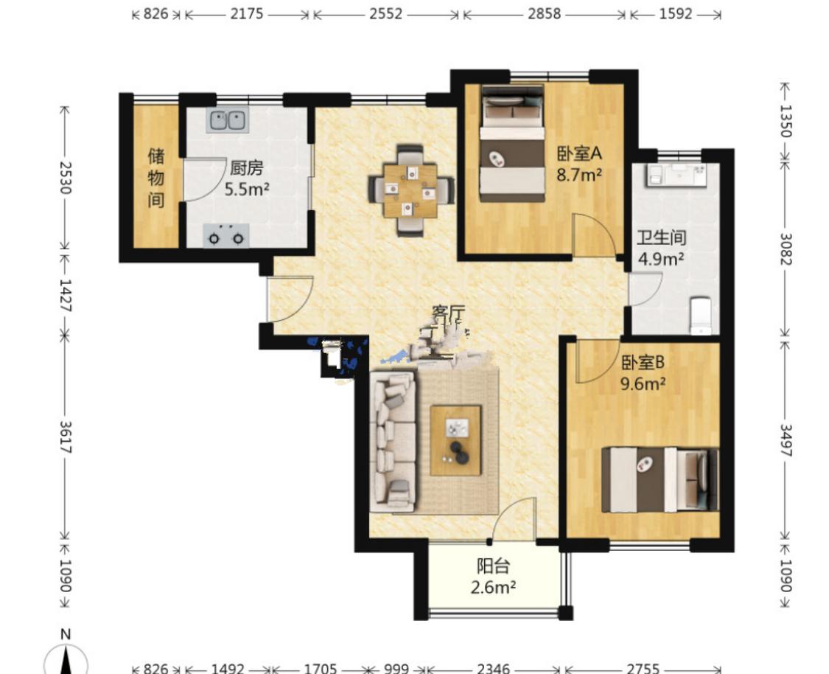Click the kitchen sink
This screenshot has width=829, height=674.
228,121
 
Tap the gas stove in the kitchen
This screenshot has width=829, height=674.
226,236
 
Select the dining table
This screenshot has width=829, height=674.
410,190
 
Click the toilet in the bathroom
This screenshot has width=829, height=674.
702,316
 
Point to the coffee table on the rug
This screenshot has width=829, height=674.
455,441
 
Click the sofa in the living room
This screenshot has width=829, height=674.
393,442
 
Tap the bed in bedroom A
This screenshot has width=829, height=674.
512,144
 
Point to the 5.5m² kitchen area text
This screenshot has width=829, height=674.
247,189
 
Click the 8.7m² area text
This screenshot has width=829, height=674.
579,175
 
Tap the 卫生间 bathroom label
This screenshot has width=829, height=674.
661,237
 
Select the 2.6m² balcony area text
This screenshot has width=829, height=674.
493,587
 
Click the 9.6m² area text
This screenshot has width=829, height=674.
643,383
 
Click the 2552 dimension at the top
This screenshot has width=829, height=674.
386,14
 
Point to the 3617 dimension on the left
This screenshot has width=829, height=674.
65,437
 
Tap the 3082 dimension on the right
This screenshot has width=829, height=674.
786,249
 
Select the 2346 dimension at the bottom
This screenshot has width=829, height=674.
493,668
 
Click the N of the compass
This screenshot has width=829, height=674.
66,633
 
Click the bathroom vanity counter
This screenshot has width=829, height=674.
676,175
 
